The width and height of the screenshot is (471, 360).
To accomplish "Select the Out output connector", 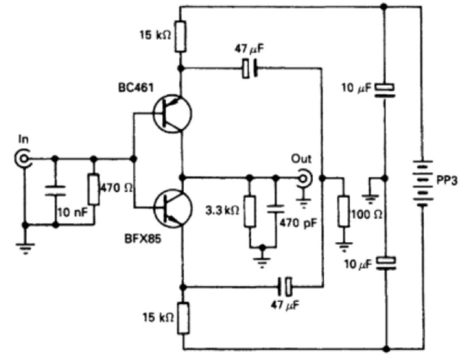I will (304, 178).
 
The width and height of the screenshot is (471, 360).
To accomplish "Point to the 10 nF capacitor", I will (55, 190).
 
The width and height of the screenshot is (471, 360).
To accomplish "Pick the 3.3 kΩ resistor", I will (249, 211).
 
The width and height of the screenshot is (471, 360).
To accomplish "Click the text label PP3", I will (447, 181).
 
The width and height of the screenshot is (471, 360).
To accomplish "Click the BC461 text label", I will (133, 88).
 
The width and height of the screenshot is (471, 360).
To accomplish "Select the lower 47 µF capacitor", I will (285, 288).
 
